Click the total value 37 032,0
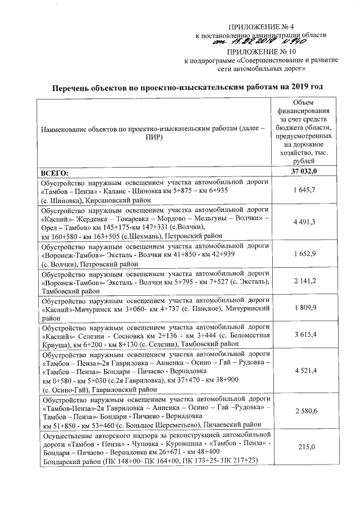coord(304,172)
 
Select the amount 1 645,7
coord(304,191)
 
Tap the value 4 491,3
coord(304,222)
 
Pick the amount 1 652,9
coord(304,254)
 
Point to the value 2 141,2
coord(304,281)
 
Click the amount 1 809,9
coord(304,308)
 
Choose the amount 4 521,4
coord(304,371)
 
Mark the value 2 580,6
coord(304,411)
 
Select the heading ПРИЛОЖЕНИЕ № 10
coord(262,51)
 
